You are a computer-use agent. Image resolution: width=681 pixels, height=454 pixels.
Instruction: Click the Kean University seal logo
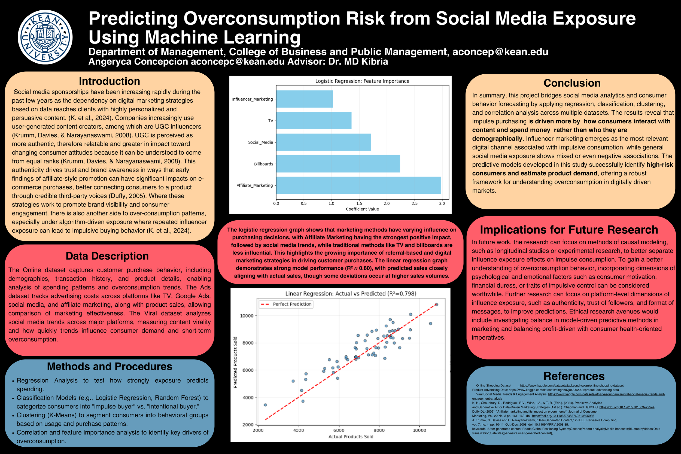[x=45, y=37]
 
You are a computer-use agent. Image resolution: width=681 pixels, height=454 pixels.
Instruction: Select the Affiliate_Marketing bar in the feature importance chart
[x=358, y=185]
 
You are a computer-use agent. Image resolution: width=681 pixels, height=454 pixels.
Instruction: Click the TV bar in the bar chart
[x=314, y=120]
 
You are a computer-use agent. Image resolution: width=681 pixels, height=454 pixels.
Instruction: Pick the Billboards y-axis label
[x=263, y=164]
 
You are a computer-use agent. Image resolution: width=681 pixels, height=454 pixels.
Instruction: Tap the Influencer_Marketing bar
[x=304, y=99]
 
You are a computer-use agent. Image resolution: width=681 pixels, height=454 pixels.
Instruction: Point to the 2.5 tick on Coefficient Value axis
[x=414, y=203]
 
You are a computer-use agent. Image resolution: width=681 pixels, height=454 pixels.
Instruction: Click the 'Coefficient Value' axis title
[x=362, y=209]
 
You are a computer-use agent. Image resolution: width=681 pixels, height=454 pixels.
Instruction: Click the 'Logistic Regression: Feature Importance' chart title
[x=362, y=81]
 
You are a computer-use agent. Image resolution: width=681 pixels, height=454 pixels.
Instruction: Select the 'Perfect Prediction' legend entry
[x=292, y=304]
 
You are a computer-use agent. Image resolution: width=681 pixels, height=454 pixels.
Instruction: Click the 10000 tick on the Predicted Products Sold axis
[x=247, y=316]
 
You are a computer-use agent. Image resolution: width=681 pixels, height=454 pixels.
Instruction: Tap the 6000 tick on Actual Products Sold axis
[x=339, y=430]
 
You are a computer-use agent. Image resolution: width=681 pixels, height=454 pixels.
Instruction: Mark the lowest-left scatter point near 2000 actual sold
[x=265, y=405]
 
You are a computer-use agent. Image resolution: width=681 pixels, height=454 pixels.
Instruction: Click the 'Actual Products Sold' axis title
[x=351, y=437]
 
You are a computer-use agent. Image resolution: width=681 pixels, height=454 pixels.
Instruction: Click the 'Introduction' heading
[x=110, y=81]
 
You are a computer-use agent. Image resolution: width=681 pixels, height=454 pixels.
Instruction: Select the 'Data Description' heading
[x=107, y=256]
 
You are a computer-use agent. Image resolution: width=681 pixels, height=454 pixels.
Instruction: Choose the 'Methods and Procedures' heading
[x=110, y=367]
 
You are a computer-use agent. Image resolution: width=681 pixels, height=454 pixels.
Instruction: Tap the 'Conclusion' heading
[x=572, y=83]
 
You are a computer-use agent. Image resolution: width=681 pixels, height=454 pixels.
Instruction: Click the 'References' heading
[x=574, y=376]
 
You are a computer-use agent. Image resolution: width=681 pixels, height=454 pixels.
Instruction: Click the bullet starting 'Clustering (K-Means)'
[x=112, y=419]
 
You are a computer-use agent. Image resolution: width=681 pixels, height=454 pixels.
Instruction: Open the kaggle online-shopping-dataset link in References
[x=571, y=386]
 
